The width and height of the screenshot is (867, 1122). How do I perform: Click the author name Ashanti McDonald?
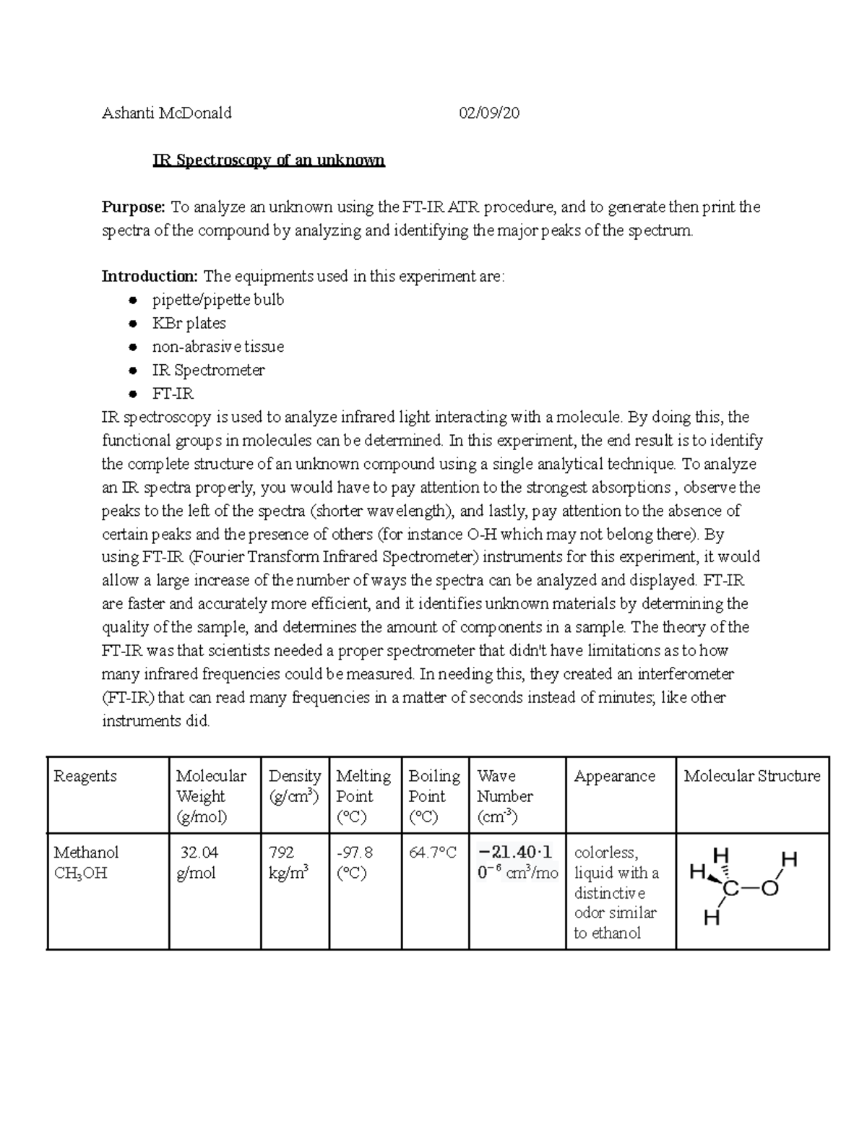point(167,113)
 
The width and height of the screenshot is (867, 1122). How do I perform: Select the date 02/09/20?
point(489,113)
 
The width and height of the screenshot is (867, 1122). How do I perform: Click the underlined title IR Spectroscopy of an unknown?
point(268,160)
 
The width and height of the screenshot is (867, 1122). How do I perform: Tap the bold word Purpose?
point(134,207)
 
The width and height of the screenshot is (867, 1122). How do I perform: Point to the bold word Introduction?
point(150,276)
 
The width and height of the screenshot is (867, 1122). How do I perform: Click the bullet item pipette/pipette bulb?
point(217,300)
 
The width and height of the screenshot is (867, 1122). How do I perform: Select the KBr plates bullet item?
point(189,323)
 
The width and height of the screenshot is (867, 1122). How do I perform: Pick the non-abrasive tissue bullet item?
point(217,347)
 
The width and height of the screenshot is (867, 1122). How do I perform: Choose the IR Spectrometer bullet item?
point(208,370)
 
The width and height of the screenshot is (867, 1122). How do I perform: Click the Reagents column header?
point(85,776)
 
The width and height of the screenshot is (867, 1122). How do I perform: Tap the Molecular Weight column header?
point(210,795)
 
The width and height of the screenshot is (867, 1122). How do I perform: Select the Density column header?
point(294,785)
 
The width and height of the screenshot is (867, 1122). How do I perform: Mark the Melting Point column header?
point(363,795)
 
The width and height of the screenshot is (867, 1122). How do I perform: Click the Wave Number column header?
point(505,795)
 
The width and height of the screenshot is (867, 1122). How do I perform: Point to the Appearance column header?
point(614,776)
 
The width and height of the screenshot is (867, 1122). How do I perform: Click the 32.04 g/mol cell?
point(198,863)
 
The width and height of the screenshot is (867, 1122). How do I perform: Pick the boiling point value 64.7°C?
point(432,853)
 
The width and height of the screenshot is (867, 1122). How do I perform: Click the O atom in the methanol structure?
point(769,889)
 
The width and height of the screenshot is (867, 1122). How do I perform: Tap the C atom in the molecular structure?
point(730,889)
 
